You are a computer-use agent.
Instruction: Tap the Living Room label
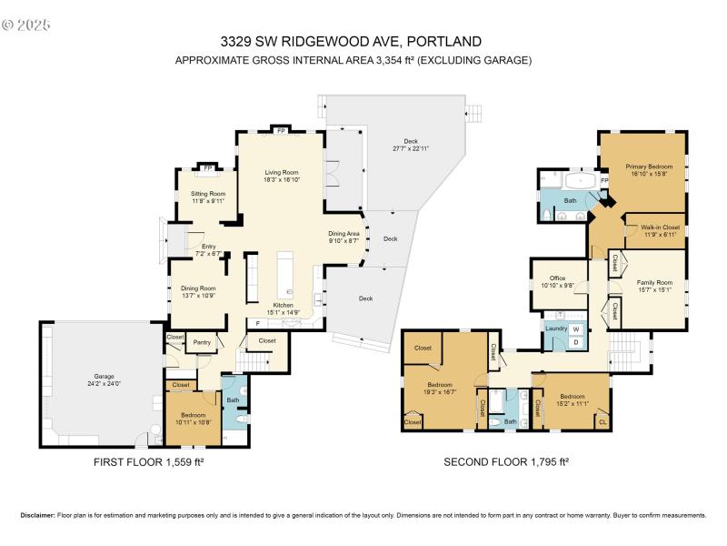pyautogui.click(x=282, y=172)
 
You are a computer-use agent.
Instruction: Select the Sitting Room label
pyautogui.click(x=207, y=194)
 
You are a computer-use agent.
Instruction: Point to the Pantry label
pyautogui.click(x=201, y=343)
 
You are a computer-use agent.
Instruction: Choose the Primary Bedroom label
pyautogui.click(x=649, y=167)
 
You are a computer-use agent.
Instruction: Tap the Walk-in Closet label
pyautogui.click(x=660, y=227)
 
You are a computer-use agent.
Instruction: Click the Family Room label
pyautogui.click(x=649, y=284)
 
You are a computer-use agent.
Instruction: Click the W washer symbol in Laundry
pyautogui.click(x=574, y=329)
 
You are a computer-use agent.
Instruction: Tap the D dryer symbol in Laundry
pyautogui.click(x=574, y=342)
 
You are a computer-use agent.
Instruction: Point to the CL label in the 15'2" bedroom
pyautogui.click(x=603, y=420)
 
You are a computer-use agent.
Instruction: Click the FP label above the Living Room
pyautogui.click(x=280, y=130)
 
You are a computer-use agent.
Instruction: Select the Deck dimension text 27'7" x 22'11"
pyautogui.click(x=411, y=148)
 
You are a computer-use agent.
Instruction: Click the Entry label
pyautogui.click(x=209, y=246)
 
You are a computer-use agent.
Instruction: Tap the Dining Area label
pyautogui.click(x=344, y=234)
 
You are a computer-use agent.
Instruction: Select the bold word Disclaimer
pyautogui.click(x=37, y=515)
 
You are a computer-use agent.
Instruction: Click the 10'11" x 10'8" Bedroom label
pyautogui.click(x=192, y=419)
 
